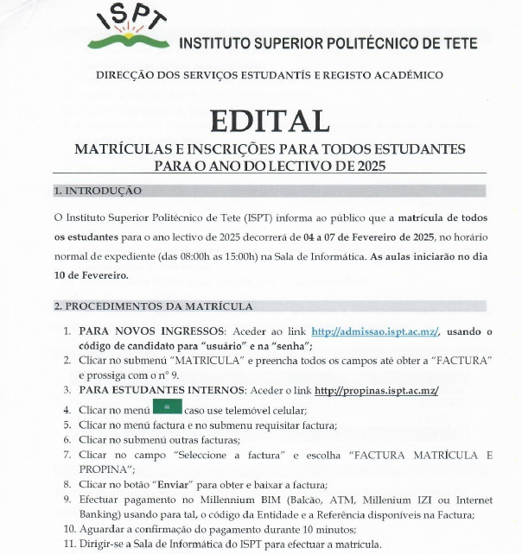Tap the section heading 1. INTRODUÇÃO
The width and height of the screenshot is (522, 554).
98,191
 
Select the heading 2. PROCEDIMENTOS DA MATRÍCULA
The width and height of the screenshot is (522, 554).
153,306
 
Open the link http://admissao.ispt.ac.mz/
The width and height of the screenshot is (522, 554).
375,331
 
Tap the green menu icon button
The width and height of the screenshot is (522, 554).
168,407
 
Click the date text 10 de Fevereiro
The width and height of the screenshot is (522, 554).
91,275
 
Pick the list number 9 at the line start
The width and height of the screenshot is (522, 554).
68,500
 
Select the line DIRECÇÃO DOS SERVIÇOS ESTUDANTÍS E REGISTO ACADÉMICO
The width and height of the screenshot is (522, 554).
270,75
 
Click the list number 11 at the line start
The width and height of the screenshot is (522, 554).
68,544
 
